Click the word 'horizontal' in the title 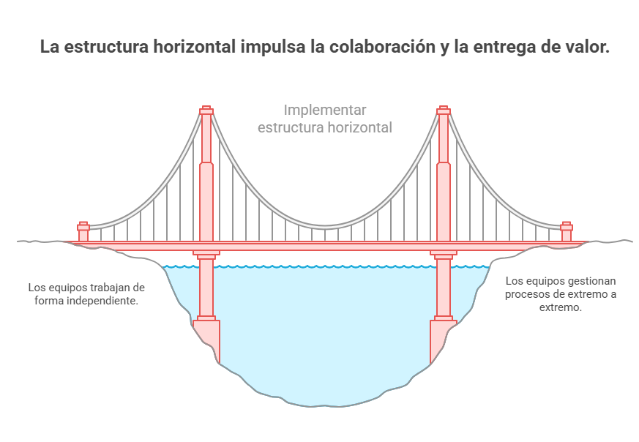pos(195,46)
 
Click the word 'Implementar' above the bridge pos(325,110)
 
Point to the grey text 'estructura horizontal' pos(325,127)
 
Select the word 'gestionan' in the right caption pos(591,281)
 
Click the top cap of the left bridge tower pos(206,110)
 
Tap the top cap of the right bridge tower pos(444,110)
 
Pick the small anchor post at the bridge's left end pos(83,231)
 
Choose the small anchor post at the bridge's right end pos(566,231)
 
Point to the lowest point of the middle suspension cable pos(325,227)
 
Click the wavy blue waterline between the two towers pos(325,267)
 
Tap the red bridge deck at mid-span pos(325,246)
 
